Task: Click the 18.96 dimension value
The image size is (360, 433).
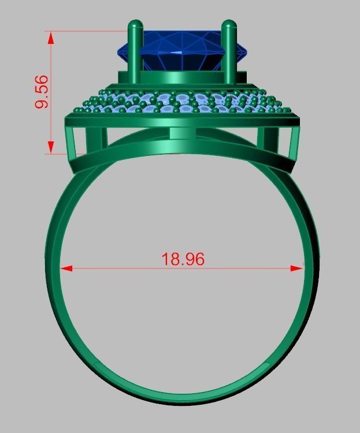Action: pos(183,259)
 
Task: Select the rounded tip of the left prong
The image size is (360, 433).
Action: pos(135,25)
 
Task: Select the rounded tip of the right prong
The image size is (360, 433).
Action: pos(228,25)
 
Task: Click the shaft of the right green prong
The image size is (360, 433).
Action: pos(228,58)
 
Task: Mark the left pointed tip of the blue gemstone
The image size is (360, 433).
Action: pos(119,52)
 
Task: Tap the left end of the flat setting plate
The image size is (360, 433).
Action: pos(67,121)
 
